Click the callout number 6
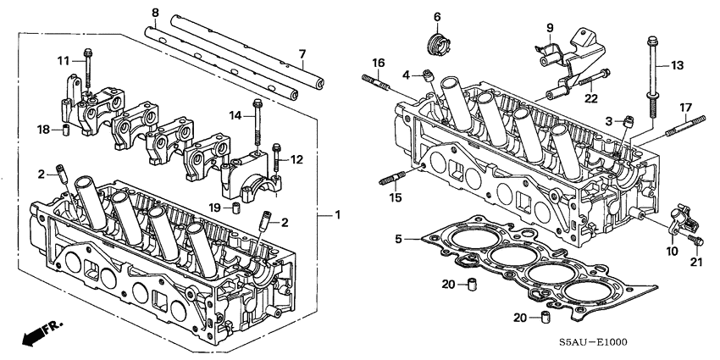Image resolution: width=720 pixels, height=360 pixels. click(437, 17)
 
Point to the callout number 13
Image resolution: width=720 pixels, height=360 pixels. click(677, 65)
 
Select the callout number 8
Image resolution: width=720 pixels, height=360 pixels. click(155, 12)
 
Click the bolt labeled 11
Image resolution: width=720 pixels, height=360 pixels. click(87, 69)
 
